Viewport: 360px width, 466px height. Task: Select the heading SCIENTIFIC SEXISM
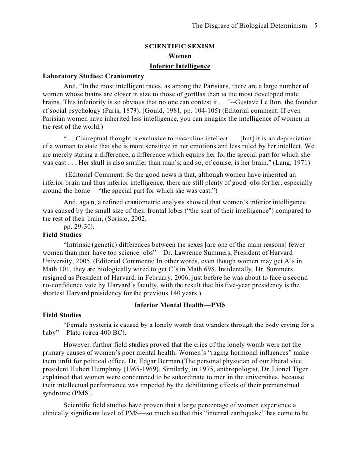(x=180, y=47)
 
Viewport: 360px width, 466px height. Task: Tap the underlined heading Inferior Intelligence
(x=180, y=66)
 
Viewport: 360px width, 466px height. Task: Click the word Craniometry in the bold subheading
(x=125, y=77)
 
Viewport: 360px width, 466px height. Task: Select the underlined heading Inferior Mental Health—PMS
(x=180, y=306)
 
